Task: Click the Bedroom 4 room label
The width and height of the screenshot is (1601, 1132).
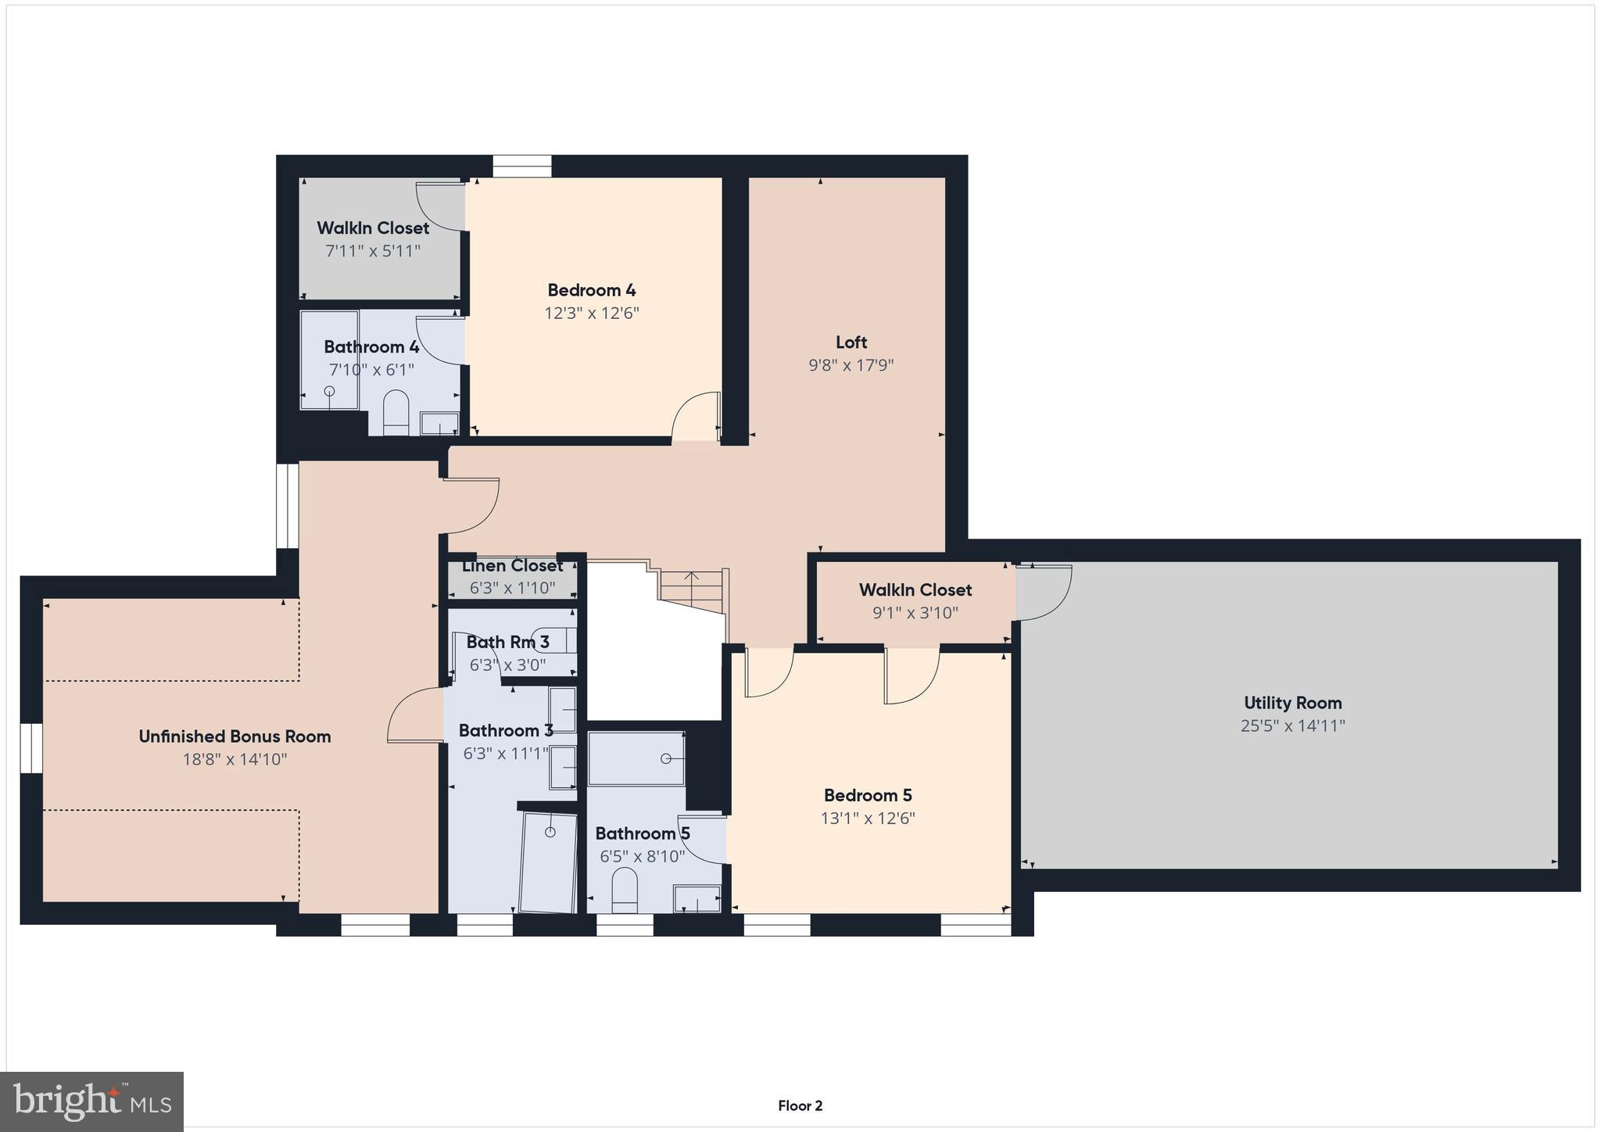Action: pyautogui.click(x=591, y=290)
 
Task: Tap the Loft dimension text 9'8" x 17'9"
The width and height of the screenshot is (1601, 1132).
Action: pyautogui.click(x=851, y=365)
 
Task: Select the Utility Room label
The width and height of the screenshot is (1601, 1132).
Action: pyautogui.click(x=1292, y=703)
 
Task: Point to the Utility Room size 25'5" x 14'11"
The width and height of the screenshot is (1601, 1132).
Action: pyautogui.click(x=1292, y=725)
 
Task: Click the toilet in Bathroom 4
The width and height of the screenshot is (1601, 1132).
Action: pyautogui.click(x=396, y=412)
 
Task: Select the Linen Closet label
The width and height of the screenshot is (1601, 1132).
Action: pyautogui.click(x=512, y=565)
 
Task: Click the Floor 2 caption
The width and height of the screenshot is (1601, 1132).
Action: pyautogui.click(x=800, y=1105)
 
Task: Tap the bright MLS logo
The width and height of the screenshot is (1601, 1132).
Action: pyautogui.click(x=91, y=1102)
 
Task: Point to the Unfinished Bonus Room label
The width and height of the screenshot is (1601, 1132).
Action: pyautogui.click(x=235, y=736)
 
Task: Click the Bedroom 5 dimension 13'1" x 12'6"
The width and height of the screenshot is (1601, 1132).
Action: pyautogui.click(x=868, y=819)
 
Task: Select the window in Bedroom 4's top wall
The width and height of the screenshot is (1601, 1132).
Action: pyautogui.click(x=521, y=166)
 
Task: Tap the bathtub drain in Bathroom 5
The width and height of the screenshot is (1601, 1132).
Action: pyautogui.click(x=666, y=758)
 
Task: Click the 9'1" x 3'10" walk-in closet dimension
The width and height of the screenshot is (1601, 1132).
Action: pyautogui.click(x=915, y=613)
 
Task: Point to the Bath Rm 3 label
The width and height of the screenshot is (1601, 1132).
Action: pyautogui.click(x=507, y=643)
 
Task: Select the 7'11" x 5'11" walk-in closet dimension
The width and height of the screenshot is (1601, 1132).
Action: pyautogui.click(x=373, y=251)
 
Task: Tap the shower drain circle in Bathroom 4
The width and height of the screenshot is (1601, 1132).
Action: pyautogui.click(x=329, y=391)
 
